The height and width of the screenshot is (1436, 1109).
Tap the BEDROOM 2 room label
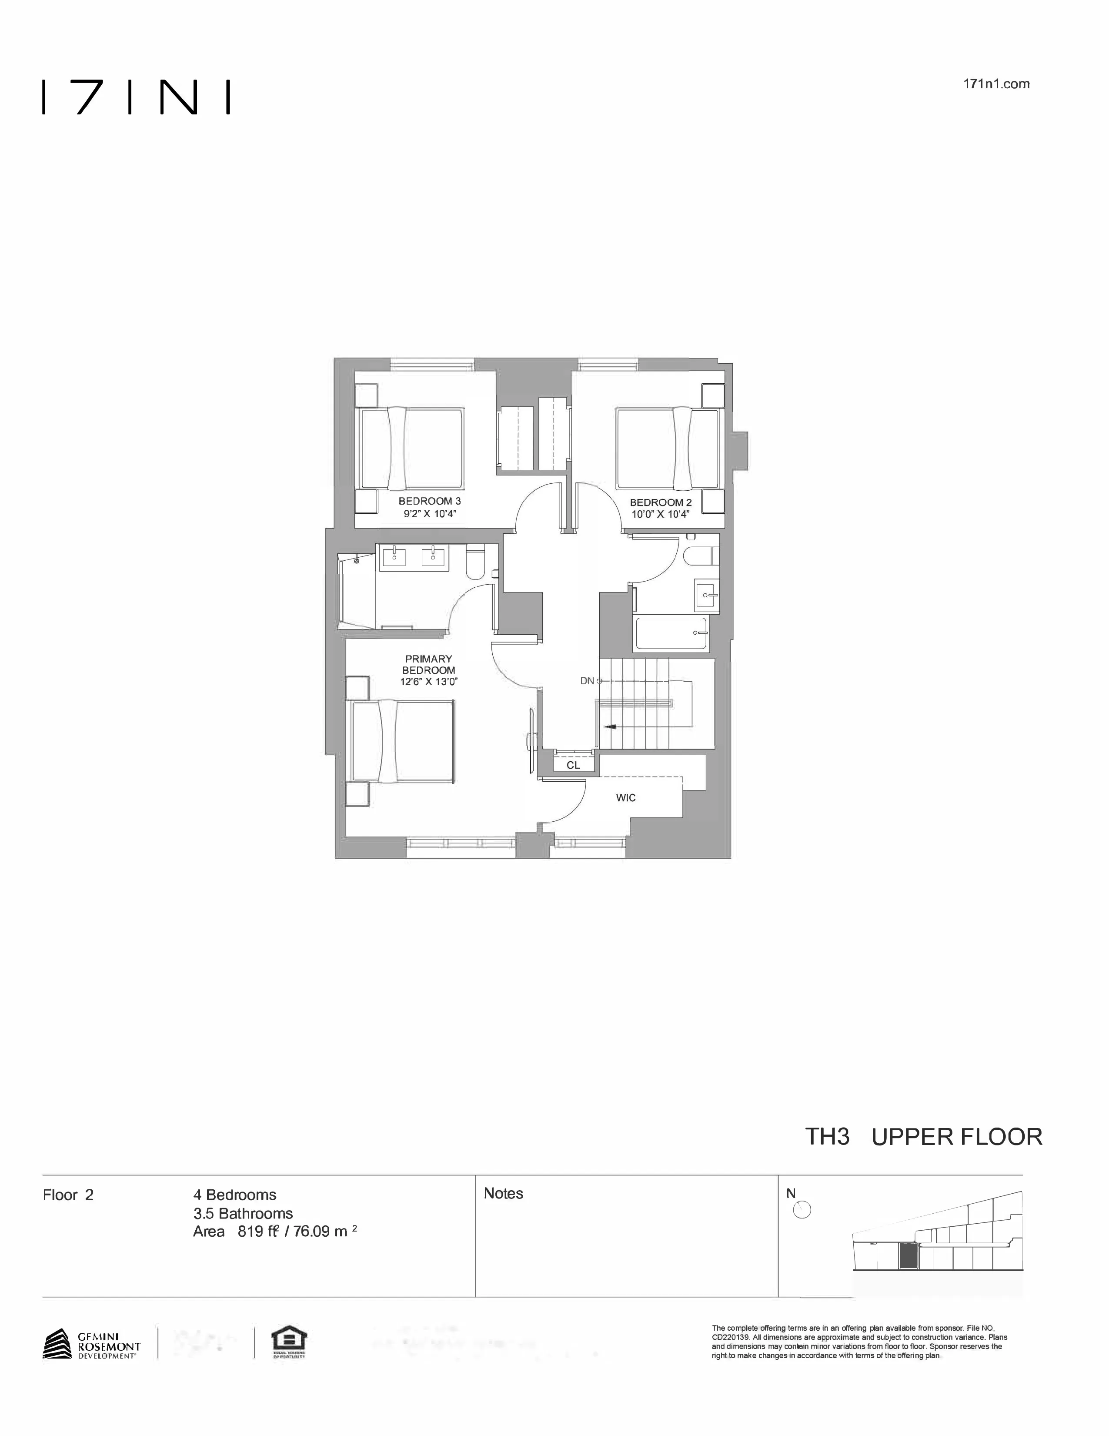660,508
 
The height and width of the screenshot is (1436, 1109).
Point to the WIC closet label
625,797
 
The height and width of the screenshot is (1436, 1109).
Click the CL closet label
573,765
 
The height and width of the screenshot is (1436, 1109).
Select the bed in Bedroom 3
410,449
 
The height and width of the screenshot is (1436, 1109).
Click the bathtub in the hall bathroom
671,633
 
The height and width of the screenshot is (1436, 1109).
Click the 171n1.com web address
995,84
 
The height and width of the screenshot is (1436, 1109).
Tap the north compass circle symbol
802,1209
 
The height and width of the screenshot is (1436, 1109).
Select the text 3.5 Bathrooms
243,1213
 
